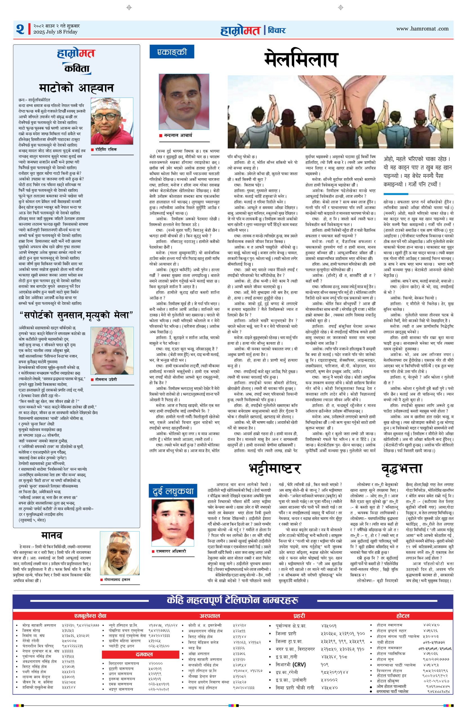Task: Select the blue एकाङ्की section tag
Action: (x=171, y=52)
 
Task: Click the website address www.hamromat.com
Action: (x=422, y=29)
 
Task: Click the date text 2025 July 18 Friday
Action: (x=55, y=32)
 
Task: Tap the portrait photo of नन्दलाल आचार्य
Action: (x=184, y=101)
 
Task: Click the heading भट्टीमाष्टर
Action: (x=274, y=468)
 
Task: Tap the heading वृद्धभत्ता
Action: (x=402, y=468)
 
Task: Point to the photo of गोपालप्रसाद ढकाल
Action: (x=120, y=548)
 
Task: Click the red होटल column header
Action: (x=403, y=607)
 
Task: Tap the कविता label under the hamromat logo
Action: (x=77, y=69)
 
